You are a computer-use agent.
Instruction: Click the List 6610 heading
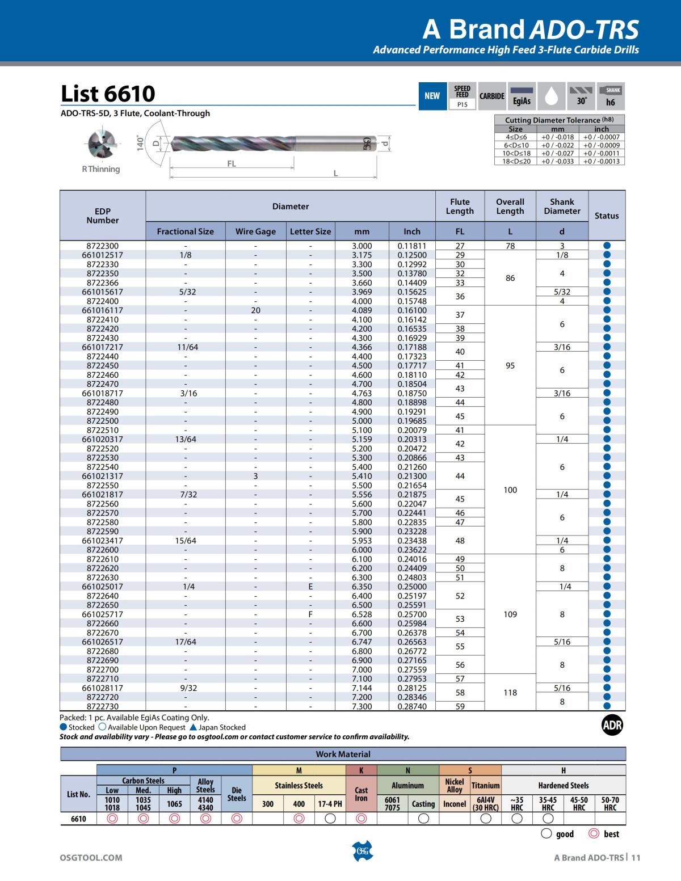click(x=108, y=94)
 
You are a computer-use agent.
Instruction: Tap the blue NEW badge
click(x=432, y=96)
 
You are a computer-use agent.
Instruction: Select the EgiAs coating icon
click(x=522, y=96)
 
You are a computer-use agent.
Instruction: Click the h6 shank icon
click(x=610, y=96)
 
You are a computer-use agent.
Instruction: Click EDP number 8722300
click(x=103, y=246)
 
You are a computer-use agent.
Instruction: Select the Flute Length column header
click(x=460, y=206)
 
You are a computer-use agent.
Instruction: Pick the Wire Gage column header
click(x=255, y=231)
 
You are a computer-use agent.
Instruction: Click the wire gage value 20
click(x=255, y=310)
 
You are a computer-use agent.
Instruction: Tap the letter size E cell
click(x=310, y=587)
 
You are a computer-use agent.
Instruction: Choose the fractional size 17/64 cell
click(x=186, y=642)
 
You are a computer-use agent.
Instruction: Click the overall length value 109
click(x=510, y=614)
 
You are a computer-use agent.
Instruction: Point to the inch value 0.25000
click(x=412, y=587)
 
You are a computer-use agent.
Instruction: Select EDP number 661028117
click(x=103, y=688)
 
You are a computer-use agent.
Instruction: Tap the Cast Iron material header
click(x=361, y=794)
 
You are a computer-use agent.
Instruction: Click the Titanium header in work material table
click(x=486, y=786)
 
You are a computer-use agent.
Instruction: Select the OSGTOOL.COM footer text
click(x=91, y=858)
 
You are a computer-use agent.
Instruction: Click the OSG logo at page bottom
click(x=361, y=851)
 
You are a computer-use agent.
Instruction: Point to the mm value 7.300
click(x=361, y=706)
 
